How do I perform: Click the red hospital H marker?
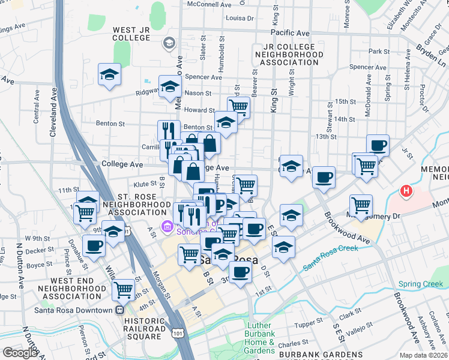click(406, 192)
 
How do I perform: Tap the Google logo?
click(20, 352)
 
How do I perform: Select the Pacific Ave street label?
click(290, 32)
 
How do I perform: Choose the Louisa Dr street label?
click(240, 18)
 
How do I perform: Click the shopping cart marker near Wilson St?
click(124, 290)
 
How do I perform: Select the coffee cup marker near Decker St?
click(94, 245)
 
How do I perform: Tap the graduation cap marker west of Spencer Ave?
click(110, 74)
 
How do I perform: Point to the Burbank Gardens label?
click(312, 355)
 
